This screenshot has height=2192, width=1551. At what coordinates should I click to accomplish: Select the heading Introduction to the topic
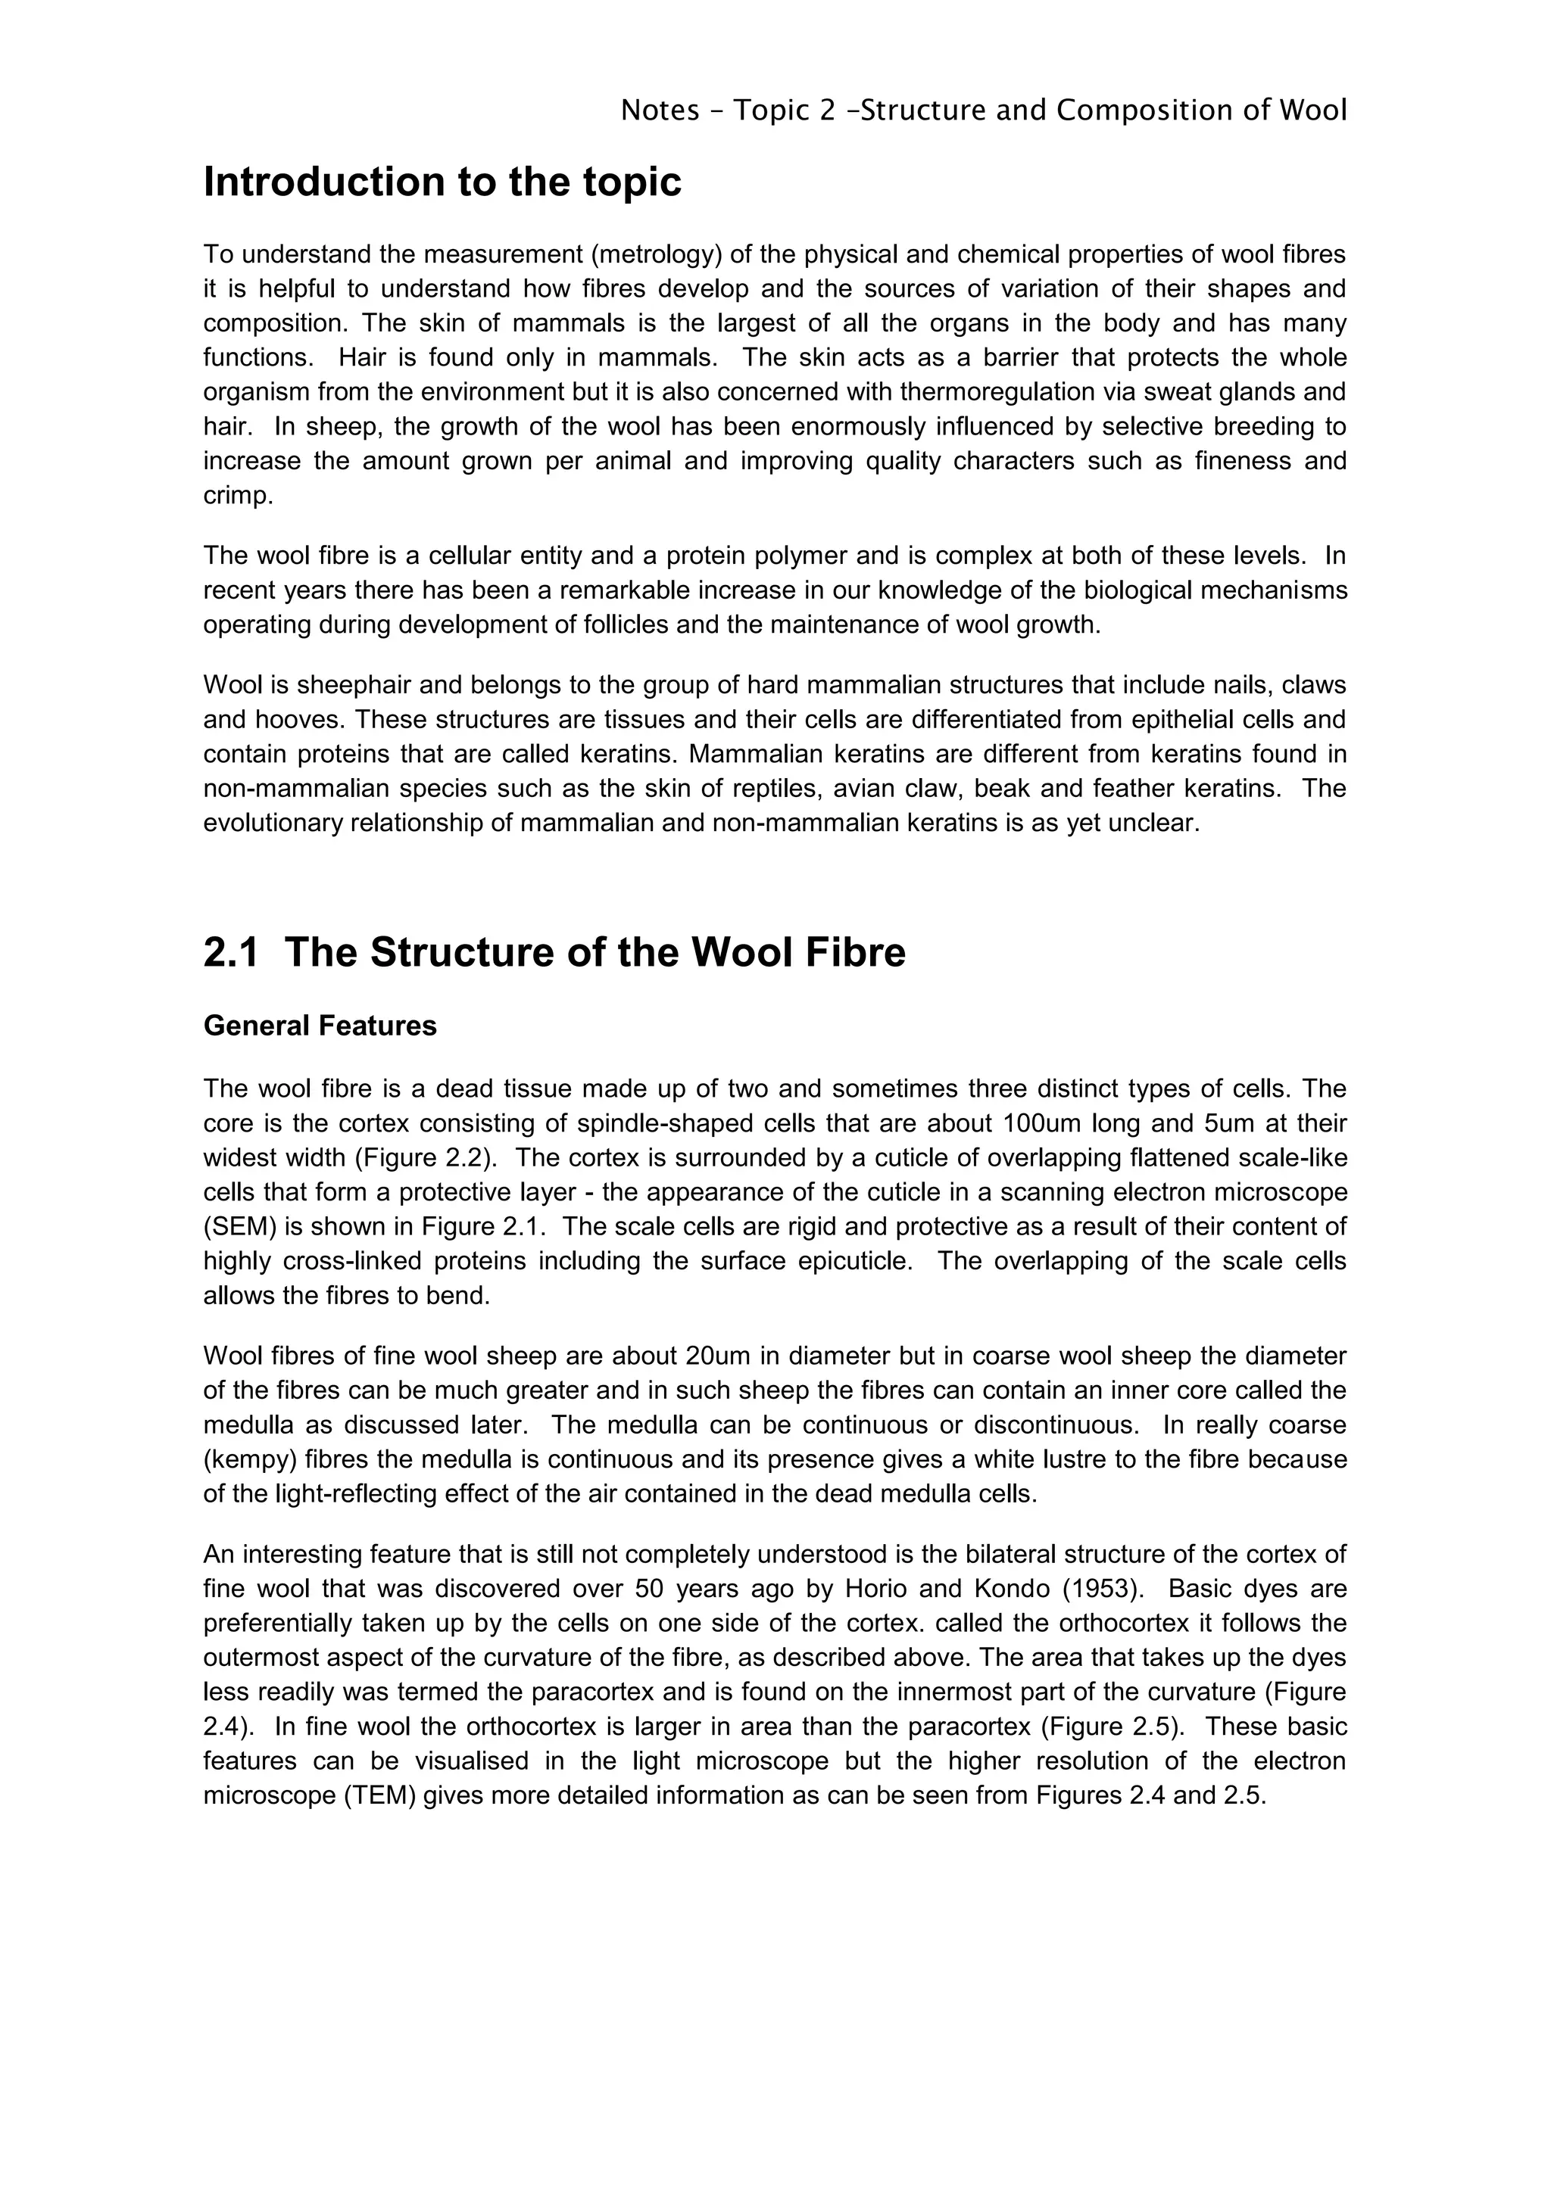[442, 182]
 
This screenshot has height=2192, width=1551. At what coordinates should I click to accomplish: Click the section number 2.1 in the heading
[230, 953]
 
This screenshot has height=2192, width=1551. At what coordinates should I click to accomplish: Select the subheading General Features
[320, 1026]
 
